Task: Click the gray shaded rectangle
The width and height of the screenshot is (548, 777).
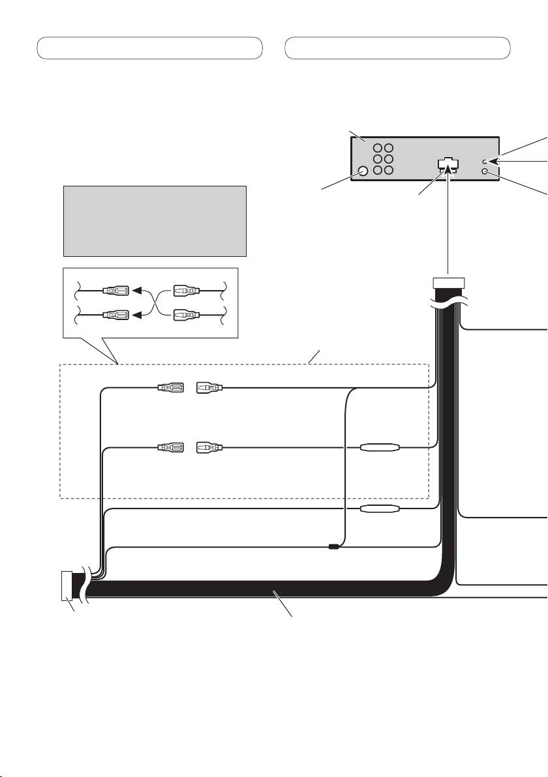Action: click(155, 221)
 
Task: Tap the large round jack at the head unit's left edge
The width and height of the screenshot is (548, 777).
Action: click(363, 171)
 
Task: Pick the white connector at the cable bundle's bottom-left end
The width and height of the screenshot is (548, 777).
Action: click(67, 585)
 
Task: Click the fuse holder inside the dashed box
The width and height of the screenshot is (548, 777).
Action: click(381, 448)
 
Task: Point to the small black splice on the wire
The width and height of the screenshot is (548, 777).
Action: click(333, 547)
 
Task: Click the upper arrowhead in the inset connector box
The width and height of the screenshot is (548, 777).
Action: click(138, 291)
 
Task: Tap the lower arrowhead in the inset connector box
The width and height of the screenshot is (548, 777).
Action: click(138, 315)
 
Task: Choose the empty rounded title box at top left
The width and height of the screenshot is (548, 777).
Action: click(149, 48)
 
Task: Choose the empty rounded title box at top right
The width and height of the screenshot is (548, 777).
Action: click(398, 48)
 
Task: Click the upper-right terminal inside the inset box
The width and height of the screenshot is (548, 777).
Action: click(187, 291)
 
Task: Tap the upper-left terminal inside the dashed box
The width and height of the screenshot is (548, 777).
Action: click(171, 389)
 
